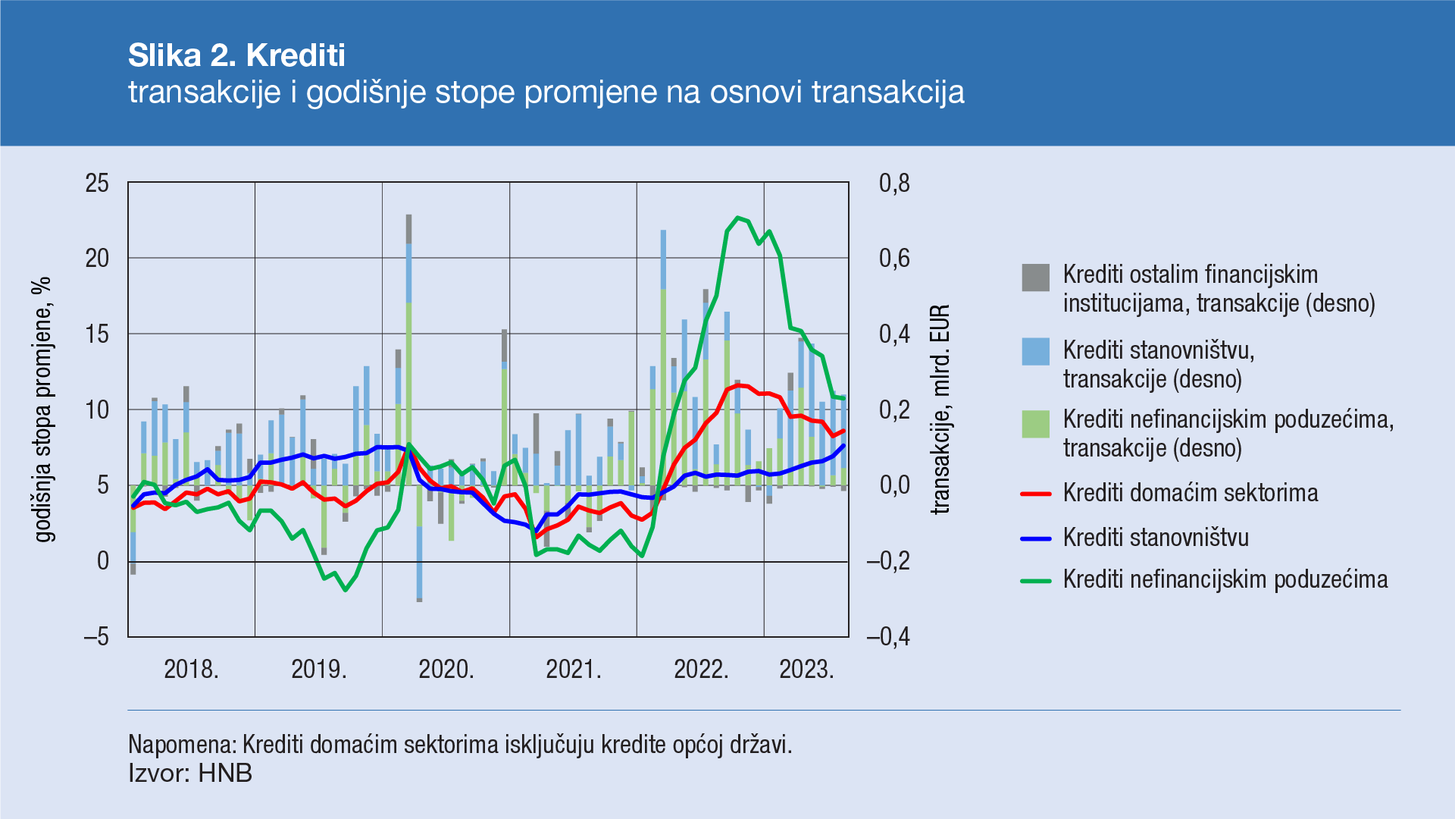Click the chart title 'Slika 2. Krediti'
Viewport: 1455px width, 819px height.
click(236, 55)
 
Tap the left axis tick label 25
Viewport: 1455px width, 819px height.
click(97, 183)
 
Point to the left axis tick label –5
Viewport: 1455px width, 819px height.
click(96, 636)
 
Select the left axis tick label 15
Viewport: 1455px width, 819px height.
click(97, 334)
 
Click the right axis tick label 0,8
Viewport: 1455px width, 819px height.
click(893, 183)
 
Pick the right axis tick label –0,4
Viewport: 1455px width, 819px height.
click(888, 636)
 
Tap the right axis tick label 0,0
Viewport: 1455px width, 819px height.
click(893, 485)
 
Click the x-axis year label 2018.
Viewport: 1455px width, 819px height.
click(191, 669)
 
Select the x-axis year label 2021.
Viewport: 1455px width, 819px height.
click(573, 669)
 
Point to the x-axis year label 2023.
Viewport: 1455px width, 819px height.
click(806, 669)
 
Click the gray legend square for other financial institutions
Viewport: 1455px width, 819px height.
click(1035, 278)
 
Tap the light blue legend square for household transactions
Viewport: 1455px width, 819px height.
click(1035, 352)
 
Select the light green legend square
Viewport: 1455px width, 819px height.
click(1035, 424)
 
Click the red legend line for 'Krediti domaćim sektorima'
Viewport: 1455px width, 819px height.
click(1035, 494)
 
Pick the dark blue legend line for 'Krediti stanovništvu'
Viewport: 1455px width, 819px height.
click(1035, 538)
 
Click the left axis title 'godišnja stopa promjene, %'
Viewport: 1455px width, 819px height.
click(44, 409)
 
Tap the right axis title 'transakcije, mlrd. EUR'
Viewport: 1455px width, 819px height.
click(940, 409)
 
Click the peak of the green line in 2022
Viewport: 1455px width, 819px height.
click(738, 218)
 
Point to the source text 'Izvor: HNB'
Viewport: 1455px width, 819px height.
click(190, 773)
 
